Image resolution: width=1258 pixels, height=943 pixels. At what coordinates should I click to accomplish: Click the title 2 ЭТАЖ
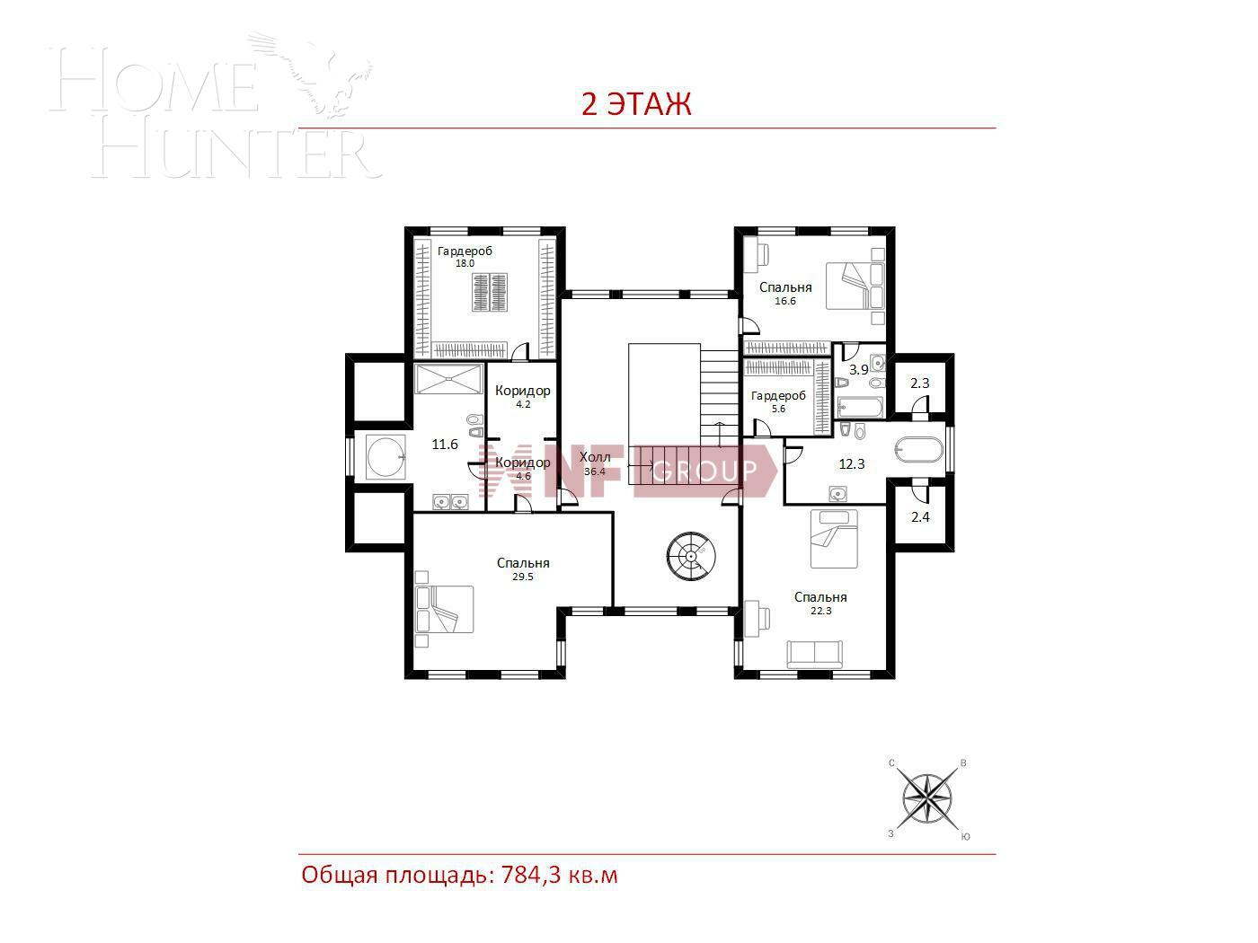click(636, 104)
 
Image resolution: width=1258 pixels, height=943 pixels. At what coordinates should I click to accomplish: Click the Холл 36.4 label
click(594, 464)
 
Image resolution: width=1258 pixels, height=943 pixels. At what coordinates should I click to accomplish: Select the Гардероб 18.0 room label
click(465, 257)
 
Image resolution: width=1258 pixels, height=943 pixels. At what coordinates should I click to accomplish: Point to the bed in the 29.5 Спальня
click(444, 609)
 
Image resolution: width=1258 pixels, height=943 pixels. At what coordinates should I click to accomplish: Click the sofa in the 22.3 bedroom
click(813, 654)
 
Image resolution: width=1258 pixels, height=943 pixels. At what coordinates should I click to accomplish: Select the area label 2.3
click(920, 383)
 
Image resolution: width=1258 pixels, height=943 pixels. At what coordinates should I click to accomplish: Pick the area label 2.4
click(920, 516)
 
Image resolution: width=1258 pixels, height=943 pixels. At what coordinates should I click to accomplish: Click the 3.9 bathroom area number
click(858, 369)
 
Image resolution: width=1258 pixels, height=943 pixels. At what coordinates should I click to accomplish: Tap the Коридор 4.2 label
click(522, 396)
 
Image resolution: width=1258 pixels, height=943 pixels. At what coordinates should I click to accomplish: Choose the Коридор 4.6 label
click(522, 468)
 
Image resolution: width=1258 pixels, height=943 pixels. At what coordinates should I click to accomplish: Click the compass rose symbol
click(927, 798)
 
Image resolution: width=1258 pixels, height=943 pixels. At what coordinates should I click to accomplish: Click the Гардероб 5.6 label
click(778, 401)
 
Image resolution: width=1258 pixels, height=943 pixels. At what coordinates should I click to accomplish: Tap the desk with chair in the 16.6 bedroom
click(757, 254)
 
